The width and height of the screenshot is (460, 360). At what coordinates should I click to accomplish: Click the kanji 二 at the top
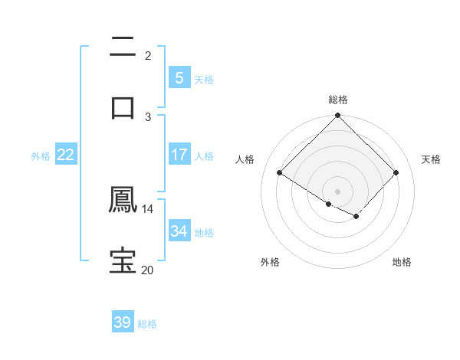coord(123,47)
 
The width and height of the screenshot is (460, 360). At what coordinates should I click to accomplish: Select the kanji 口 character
coord(123,107)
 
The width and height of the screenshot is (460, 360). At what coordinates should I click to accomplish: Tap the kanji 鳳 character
coord(123,201)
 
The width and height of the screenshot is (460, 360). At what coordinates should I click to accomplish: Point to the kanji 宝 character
coord(123,260)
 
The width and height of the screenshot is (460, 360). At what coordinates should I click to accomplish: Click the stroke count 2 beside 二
coord(148,56)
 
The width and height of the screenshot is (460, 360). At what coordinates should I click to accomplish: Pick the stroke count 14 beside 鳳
coord(148,208)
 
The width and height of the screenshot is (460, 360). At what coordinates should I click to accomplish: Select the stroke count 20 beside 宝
coord(148,270)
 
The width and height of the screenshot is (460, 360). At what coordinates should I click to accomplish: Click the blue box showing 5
coord(179,77)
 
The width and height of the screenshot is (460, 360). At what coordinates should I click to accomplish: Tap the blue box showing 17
coord(179,155)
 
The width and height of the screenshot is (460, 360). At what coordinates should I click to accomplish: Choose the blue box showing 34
coord(179,231)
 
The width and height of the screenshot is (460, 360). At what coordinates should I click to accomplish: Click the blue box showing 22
coord(66,155)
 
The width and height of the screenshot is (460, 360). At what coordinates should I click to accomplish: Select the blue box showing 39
coord(123,322)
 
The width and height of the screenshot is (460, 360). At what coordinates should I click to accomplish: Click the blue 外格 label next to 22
coord(41,155)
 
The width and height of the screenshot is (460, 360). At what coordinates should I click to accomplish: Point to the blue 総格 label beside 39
coord(147,324)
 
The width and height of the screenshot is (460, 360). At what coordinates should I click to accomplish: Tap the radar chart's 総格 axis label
coord(338,100)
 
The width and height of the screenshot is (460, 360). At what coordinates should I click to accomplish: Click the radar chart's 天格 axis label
coord(431,159)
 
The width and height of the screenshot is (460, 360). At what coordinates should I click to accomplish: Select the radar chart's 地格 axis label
coord(402,262)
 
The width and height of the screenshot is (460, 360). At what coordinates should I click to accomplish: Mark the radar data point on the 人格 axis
coord(280,173)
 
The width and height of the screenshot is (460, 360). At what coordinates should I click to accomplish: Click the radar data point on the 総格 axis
coord(338,116)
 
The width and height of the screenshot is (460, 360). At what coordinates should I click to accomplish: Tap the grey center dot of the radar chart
coord(338,191)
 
